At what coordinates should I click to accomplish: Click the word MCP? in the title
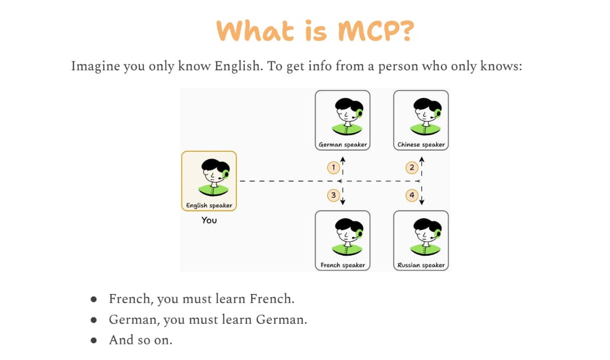pos(376,31)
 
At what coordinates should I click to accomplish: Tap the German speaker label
pos(343,144)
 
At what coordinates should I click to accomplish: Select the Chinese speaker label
pos(421,144)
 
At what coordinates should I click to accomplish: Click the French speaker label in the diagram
pos(343,265)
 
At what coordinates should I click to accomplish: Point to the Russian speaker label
pos(421,265)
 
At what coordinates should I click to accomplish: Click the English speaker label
pos(209,205)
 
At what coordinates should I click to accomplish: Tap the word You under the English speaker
pos(209,220)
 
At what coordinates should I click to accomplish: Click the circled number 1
pos(333,168)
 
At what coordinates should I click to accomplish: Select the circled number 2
pos(412,168)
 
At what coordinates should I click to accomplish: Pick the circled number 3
pos(333,195)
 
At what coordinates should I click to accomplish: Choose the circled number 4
pos(412,195)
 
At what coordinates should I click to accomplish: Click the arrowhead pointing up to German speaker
pos(343,159)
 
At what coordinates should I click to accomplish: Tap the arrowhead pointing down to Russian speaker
pos(422,202)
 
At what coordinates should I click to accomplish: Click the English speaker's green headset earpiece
pos(226,174)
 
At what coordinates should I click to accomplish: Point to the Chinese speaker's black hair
pos(427,104)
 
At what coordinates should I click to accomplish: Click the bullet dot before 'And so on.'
pos(94,340)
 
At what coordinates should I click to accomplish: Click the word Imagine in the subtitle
pos(95,66)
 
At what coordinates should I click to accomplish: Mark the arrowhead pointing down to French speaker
pos(343,202)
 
